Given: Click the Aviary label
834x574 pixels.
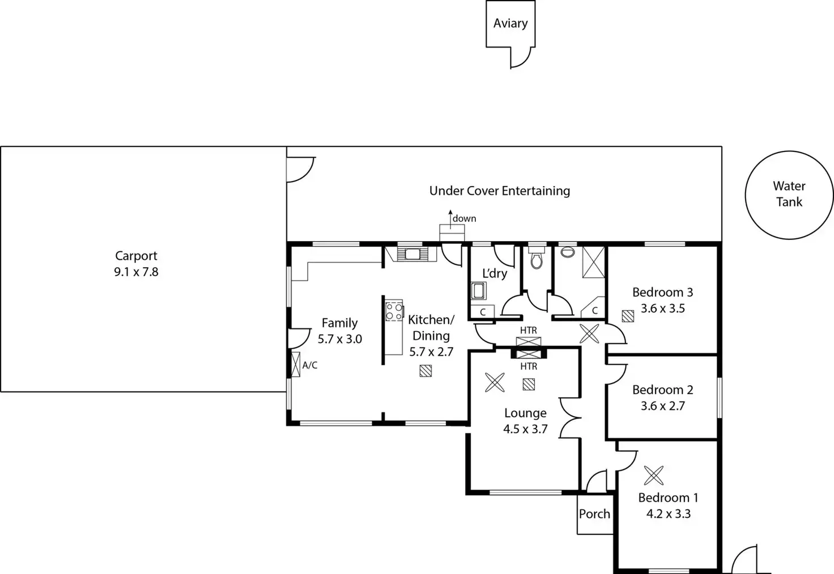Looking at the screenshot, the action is coord(510,23).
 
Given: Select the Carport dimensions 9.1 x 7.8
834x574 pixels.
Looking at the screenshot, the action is coord(137,272).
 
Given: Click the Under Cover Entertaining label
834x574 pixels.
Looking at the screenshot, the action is coord(500,191).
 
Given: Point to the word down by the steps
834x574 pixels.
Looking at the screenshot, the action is coord(464,218).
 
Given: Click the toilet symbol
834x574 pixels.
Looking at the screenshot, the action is coord(537,260).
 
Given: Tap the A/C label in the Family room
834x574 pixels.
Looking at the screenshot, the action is coord(310,365).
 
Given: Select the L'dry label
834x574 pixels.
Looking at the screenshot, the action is coord(495,273).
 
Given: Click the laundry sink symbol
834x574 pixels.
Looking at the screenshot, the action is coord(478,291).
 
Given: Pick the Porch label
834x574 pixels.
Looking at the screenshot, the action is coord(594,514).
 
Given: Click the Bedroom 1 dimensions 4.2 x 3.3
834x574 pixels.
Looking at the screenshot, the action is coord(669,514).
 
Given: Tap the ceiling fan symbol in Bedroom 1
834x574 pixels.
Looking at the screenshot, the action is coord(654,475).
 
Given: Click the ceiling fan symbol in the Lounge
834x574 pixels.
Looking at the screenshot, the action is coord(495,382).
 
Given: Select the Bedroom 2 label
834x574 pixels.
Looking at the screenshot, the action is coord(663,390).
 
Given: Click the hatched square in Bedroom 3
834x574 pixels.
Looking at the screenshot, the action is coord(628,316).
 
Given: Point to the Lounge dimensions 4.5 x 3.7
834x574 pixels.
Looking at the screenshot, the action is coord(525,429).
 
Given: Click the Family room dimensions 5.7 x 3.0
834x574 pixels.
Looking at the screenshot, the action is coord(339,339).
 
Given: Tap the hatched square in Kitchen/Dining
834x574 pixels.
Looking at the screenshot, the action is coord(425,371).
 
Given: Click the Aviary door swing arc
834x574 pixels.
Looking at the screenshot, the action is coord(526,62).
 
